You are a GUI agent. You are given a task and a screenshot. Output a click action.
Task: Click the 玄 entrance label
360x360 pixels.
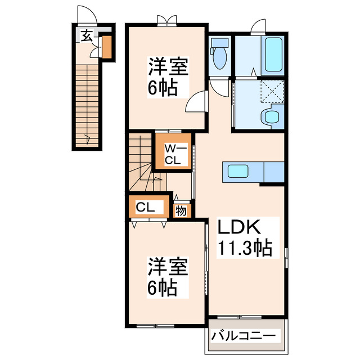click(x=86, y=36)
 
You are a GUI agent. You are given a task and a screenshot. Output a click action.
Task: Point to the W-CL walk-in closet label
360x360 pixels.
click(x=172, y=154)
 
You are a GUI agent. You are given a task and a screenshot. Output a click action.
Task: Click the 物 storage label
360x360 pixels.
click(x=181, y=211)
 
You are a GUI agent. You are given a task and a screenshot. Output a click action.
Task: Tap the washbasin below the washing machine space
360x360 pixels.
click(x=271, y=117)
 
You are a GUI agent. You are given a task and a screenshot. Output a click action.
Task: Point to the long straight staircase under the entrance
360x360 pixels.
click(x=87, y=104)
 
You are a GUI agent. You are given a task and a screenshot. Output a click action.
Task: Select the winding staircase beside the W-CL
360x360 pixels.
click(x=141, y=163)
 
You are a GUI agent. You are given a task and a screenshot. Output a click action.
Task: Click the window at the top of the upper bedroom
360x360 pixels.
click(x=168, y=23)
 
